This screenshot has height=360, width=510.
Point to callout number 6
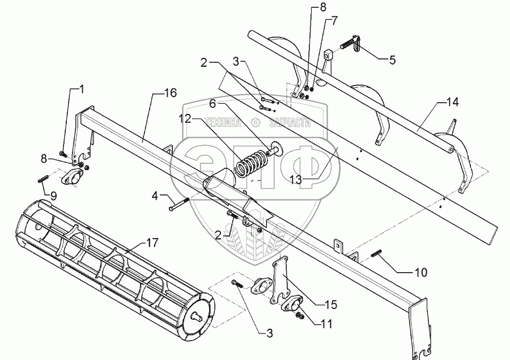(213, 104)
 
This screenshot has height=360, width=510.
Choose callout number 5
(334, 22)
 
